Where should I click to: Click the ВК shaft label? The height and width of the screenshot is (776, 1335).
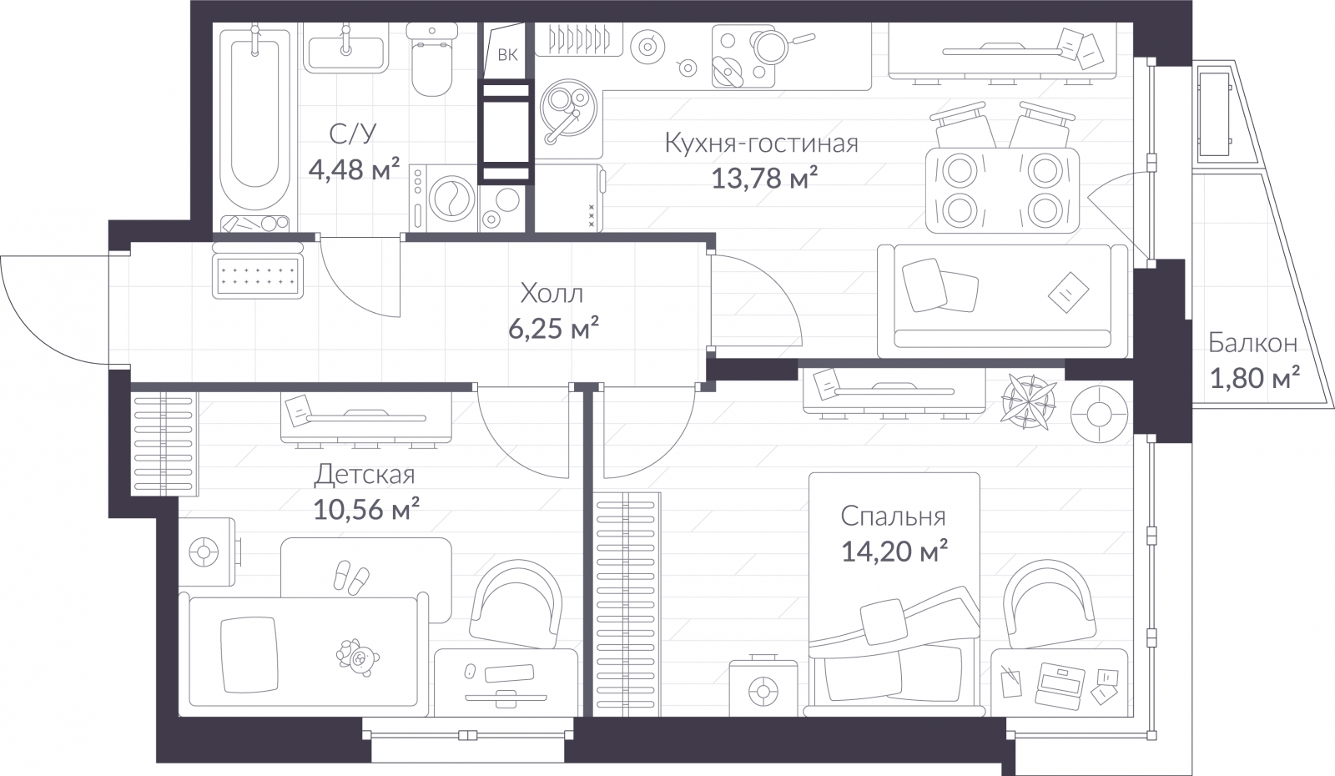(x=507, y=55)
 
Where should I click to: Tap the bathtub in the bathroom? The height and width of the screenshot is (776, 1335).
(x=255, y=124)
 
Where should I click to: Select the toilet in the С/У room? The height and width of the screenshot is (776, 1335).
(x=432, y=59)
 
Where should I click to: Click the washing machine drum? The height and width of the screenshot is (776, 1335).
(x=451, y=197)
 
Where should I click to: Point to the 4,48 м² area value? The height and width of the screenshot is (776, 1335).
(x=354, y=170)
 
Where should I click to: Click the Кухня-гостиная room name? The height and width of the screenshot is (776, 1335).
(x=761, y=144)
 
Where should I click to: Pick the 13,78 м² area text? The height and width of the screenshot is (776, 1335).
(x=764, y=178)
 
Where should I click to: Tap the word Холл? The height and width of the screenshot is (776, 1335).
(x=552, y=293)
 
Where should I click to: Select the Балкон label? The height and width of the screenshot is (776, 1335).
(x=1252, y=343)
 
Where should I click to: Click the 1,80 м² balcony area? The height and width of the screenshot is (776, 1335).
(x=1255, y=378)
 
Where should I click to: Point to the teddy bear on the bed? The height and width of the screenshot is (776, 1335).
(x=358, y=658)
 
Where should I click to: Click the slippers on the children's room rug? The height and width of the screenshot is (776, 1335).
(x=351, y=577)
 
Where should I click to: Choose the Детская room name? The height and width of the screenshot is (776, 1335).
(x=364, y=475)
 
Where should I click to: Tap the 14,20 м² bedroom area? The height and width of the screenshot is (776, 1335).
(x=894, y=552)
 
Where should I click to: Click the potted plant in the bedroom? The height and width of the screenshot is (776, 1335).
(x=1028, y=401)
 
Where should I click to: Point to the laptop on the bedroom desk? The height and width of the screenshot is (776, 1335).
(x=1060, y=685)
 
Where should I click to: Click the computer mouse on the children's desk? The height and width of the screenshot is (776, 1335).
(x=471, y=670)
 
